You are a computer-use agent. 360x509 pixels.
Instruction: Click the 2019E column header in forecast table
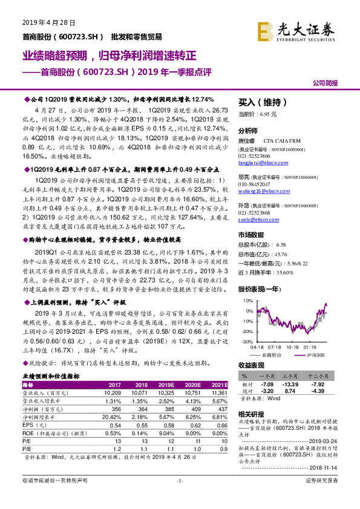click(165, 384)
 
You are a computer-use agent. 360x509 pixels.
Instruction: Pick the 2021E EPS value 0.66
click(219, 426)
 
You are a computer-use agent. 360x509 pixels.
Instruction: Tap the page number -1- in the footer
click(180, 497)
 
